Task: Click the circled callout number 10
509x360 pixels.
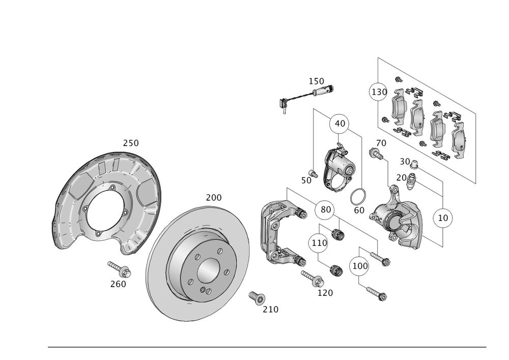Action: click(x=443, y=217)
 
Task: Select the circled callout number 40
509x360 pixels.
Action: click(x=340, y=123)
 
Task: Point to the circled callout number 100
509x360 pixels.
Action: click(x=359, y=266)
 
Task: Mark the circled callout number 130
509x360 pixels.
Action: click(x=378, y=93)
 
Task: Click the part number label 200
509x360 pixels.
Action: click(x=214, y=198)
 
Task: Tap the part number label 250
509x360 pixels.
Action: click(x=131, y=144)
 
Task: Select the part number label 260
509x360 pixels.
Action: click(x=118, y=284)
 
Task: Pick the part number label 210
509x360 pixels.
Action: click(x=270, y=309)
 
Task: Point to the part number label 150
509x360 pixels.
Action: click(x=316, y=81)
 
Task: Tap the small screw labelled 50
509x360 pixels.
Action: click(x=314, y=174)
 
